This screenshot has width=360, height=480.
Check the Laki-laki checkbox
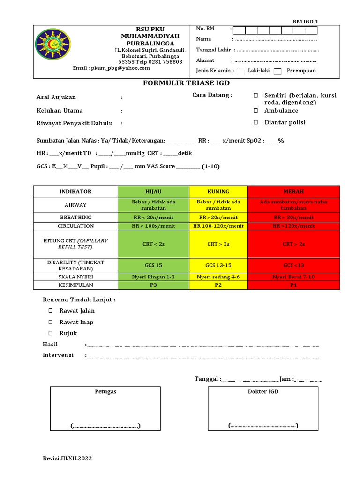240,71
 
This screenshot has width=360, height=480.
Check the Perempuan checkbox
277,71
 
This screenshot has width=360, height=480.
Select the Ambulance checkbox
255,111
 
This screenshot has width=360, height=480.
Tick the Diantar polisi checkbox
255,122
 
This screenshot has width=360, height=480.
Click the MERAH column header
293,191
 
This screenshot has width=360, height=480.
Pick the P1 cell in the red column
293,285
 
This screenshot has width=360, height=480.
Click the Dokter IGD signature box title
263,391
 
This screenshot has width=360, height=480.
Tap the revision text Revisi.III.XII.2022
67,459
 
